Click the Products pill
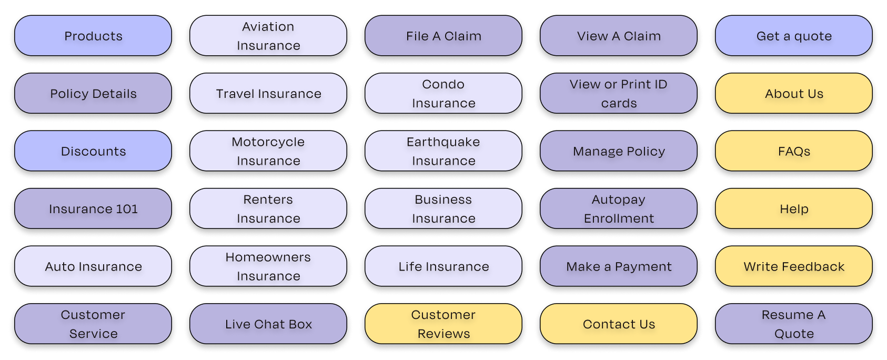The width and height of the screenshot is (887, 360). point(93,36)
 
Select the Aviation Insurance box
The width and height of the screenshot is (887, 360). point(268,36)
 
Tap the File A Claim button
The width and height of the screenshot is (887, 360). point(443,36)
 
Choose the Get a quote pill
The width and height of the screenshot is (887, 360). point(794,36)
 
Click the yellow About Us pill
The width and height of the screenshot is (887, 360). point(794,94)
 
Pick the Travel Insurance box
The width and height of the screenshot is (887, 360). point(268,94)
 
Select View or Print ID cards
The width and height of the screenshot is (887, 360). point(619,94)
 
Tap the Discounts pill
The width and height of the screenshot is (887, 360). point(93,151)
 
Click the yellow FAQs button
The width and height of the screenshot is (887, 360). point(794,151)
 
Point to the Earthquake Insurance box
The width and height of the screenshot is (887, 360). point(443,151)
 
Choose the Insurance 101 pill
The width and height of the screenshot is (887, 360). point(93,209)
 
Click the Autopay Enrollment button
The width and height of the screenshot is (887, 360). point(619,209)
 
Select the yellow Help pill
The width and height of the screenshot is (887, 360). point(794,209)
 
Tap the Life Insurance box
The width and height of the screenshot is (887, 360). point(443,266)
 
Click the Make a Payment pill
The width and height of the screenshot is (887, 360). point(619,266)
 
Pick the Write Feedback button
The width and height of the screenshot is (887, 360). point(794,266)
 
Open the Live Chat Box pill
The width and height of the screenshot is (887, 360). point(268,324)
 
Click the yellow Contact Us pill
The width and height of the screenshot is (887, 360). point(619,324)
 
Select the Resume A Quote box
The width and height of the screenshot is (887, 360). point(794,324)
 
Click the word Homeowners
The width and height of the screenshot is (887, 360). point(268,257)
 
